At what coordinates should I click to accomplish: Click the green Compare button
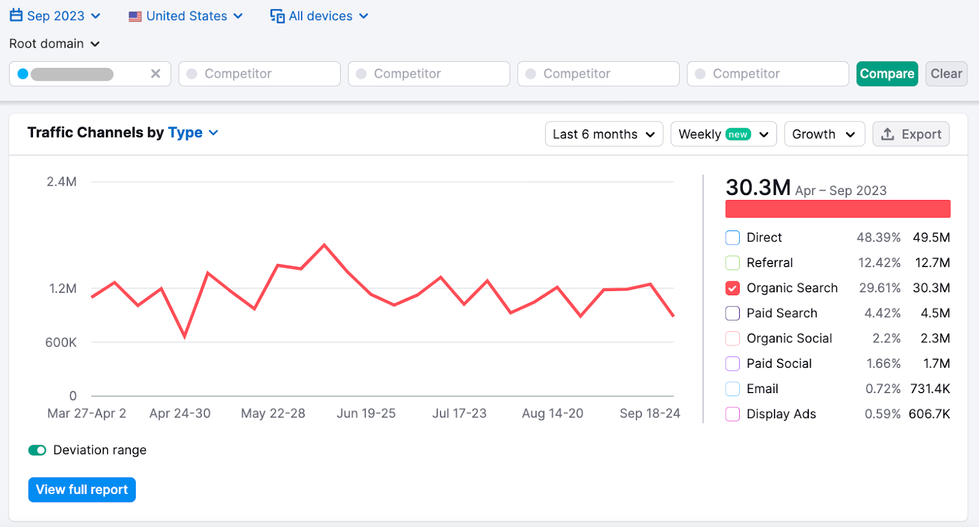coord(887,74)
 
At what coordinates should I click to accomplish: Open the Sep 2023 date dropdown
coord(55,16)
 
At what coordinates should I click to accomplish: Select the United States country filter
coord(185,16)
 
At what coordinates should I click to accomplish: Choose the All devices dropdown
coord(319,16)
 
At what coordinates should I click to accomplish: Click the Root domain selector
coord(54,44)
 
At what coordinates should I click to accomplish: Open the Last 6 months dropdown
coord(603,135)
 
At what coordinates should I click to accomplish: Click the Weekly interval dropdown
coord(723,135)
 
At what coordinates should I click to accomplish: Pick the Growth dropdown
coord(824,135)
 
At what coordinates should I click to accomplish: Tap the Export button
coord(910,135)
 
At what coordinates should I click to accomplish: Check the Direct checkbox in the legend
coord(732,238)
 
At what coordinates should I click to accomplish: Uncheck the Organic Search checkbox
coord(732,288)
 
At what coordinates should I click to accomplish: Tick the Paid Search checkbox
coord(732,314)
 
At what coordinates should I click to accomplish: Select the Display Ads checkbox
coord(732,415)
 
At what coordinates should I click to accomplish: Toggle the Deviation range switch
coord(37,451)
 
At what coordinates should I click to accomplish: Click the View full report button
coord(82,490)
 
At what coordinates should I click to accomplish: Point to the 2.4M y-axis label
coord(62,182)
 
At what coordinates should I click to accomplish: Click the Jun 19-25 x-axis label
coord(366,414)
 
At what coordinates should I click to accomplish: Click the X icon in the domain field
coord(155,74)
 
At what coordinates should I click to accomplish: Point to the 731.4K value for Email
coord(930,389)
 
